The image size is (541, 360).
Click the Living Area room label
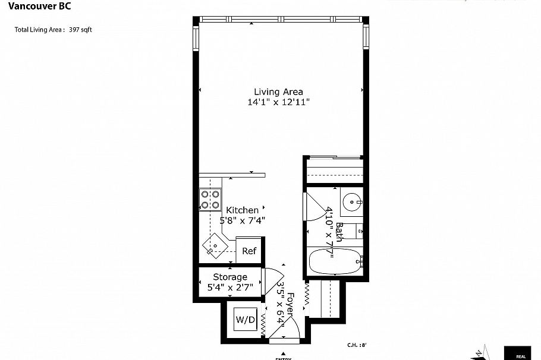click(x=278, y=91)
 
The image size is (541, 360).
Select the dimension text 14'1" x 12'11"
click(x=278, y=102)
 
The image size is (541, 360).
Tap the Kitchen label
click(x=242, y=210)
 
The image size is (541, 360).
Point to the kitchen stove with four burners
click(x=210, y=200)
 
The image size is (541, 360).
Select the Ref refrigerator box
click(x=249, y=251)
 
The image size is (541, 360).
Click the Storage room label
click(x=230, y=277)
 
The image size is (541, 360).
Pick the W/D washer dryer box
click(x=245, y=320)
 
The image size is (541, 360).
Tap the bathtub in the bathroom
click(x=335, y=262)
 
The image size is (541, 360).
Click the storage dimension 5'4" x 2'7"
click(x=230, y=288)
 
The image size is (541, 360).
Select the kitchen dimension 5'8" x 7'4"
click(x=242, y=220)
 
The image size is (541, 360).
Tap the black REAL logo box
click(x=522, y=353)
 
